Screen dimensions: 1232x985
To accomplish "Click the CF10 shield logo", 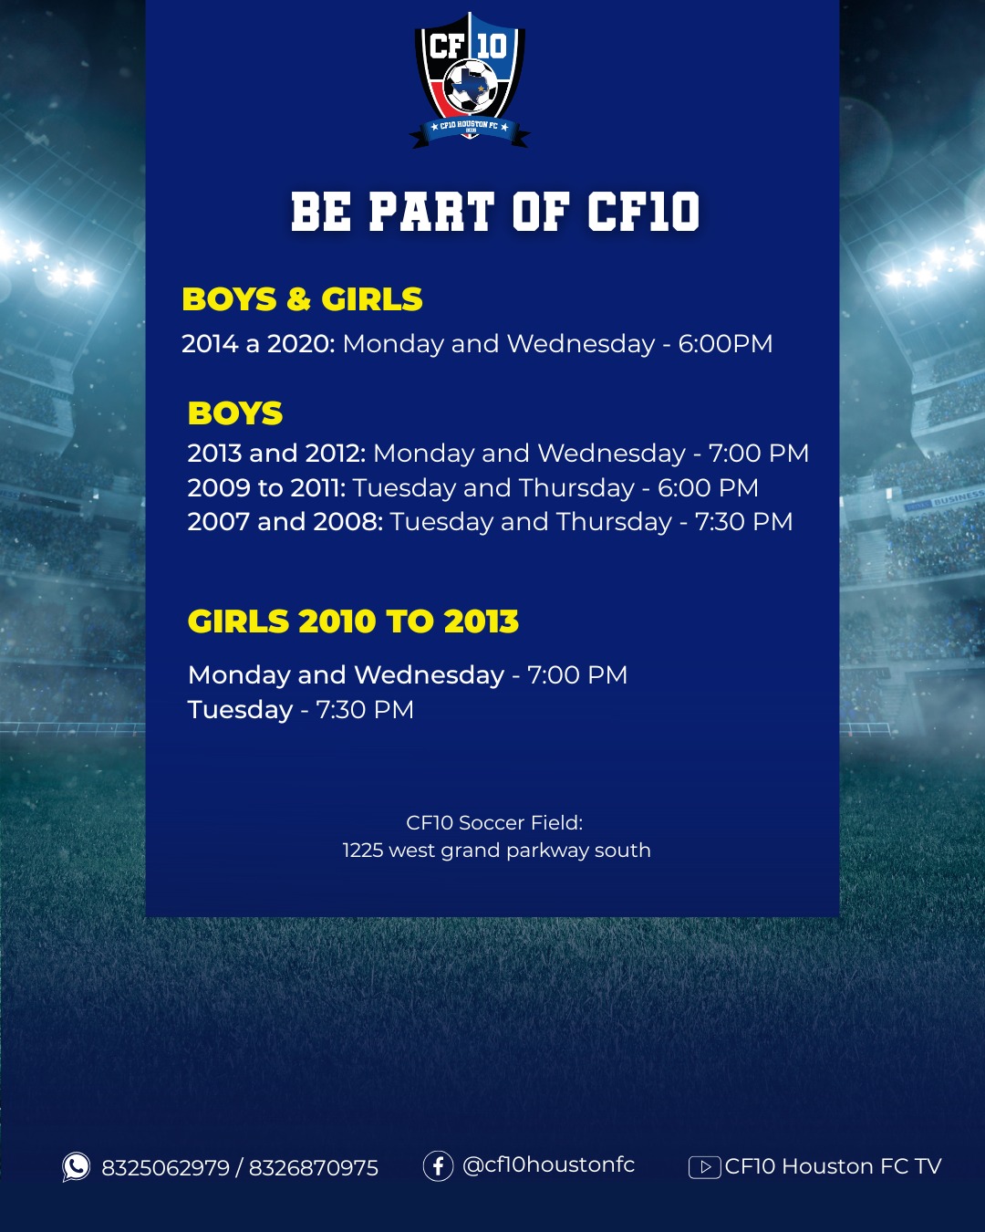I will (x=470, y=80).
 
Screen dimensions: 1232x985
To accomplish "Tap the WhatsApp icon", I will (x=76, y=1166).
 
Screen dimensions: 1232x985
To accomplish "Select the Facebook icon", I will (x=438, y=1165).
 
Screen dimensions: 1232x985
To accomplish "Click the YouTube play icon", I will (x=704, y=1167).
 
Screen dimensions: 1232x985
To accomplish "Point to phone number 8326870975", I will (x=313, y=1168).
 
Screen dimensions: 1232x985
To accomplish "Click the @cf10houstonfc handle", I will (x=548, y=1165).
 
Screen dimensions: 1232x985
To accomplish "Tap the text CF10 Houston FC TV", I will (x=833, y=1166).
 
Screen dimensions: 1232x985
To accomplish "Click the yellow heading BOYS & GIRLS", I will (x=302, y=299).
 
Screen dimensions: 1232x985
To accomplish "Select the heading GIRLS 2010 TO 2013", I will (x=353, y=621).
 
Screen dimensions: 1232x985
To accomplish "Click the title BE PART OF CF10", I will (x=495, y=212).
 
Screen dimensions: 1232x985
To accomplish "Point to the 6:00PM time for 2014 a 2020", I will (x=725, y=344).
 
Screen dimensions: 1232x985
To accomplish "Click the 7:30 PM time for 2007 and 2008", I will (x=743, y=522).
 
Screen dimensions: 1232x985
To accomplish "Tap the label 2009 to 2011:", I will (x=266, y=488).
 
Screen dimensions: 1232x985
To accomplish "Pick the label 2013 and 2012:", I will (x=276, y=454).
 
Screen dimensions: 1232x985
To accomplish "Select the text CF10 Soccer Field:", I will (x=494, y=823).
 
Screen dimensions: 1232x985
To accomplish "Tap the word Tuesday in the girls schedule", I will (x=240, y=710).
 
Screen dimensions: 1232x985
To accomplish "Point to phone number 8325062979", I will (x=165, y=1168).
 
